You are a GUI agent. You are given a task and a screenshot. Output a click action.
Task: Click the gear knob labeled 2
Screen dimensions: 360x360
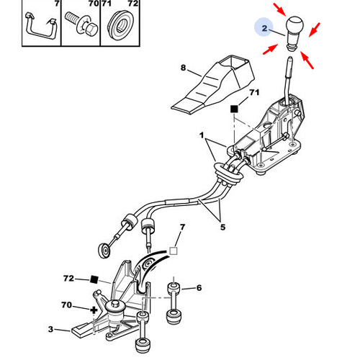pyautogui.click(x=294, y=33)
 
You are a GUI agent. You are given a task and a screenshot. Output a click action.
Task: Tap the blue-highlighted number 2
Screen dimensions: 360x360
pyautogui.click(x=264, y=28)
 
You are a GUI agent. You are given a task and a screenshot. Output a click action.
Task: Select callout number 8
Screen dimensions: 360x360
pyautogui.click(x=183, y=68)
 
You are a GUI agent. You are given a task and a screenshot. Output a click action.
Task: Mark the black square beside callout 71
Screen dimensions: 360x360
pyautogui.click(x=234, y=109)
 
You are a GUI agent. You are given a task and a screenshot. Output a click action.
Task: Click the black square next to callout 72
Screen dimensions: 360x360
pyautogui.click(x=94, y=279)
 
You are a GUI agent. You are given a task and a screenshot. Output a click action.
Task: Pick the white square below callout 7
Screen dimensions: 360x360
pyautogui.click(x=174, y=251)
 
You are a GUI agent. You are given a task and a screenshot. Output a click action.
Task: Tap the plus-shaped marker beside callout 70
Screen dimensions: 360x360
pyautogui.click(x=94, y=310)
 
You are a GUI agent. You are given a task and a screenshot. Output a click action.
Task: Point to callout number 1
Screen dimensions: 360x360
pyautogui.click(x=202, y=135)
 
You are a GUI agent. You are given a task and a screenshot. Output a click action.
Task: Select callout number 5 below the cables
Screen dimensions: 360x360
pyautogui.click(x=222, y=227)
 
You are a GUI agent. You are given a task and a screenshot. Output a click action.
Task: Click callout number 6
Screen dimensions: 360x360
pyautogui.click(x=199, y=288)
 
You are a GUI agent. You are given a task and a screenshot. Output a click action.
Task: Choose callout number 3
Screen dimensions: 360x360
pyautogui.click(x=50, y=329)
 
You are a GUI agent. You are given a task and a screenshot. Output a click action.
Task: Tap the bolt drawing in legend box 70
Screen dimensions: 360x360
pyautogui.click(x=81, y=23)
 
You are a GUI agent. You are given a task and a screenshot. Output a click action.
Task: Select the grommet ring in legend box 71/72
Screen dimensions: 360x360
pyautogui.click(x=120, y=26)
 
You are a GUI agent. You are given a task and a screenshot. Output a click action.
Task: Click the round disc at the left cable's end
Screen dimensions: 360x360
pyautogui.click(x=104, y=251)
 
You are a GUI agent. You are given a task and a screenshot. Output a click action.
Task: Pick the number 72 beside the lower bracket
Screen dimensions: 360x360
pyautogui.click(x=68, y=279)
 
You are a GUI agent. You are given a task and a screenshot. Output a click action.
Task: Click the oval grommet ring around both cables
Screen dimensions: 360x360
pyautogui.click(x=228, y=174)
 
